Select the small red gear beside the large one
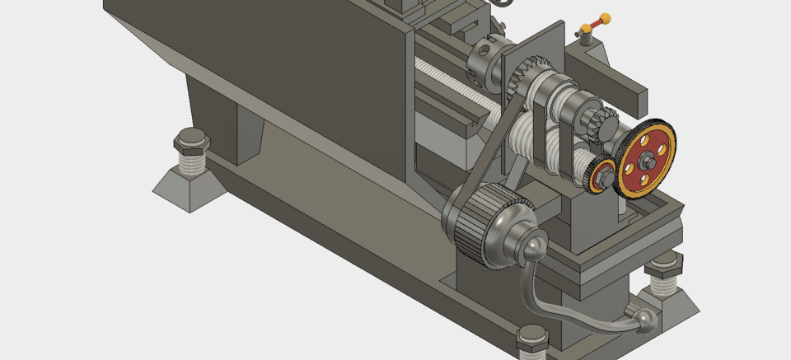click(x=604, y=175)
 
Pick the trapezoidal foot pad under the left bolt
click(x=188, y=185)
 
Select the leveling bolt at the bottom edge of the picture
click(x=532, y=343)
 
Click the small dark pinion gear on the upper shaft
click(x=598, y=124)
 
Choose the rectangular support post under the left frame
click(x=247, y=136)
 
